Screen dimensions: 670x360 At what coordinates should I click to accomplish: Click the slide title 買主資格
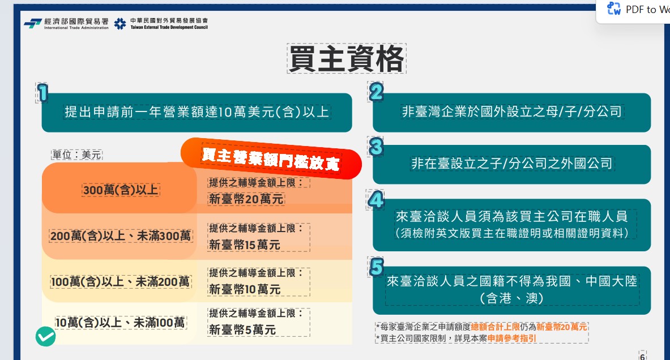click(x=347, y=58)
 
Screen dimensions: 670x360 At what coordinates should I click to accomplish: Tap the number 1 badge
click(x=42, y=93)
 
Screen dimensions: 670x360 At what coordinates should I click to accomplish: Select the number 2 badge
click(x=376, y=92)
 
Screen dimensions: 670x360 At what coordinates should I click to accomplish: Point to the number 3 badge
click(x=376, y=147)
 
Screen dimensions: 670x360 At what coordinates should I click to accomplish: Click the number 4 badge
click(x=375, y=200)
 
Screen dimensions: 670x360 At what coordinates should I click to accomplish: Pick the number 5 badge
click(x=376, y=267)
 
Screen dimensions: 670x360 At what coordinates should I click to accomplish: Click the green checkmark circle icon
click(x=46, y=337)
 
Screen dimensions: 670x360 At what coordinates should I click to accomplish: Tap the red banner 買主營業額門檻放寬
click(x=271, y=158)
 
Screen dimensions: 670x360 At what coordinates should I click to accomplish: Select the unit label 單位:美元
click(x=76, y=155)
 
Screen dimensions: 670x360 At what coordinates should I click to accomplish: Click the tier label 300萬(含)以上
click(x=121, y=190)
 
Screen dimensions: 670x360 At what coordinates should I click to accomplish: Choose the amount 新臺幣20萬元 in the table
click(x=246, y=199)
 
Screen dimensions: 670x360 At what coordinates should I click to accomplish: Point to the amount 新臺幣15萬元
click(x=245, y=245)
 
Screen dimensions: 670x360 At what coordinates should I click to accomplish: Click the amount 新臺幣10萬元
click(x=245, y=289)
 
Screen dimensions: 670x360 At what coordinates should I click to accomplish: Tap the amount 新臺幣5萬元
click(x=242, y=329)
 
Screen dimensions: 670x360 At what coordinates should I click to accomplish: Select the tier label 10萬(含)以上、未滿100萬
click(x=120, y=323)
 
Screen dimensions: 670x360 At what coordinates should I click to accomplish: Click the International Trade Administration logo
click(x=66, y=23)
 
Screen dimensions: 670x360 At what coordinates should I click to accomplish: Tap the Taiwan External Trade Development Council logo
click(x=161, y=23)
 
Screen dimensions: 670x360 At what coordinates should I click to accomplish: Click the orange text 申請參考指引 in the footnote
click(x=512, y=338)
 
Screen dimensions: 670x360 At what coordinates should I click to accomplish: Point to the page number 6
click(x=642, y=355)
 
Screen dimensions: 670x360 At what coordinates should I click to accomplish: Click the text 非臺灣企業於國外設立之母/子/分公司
click(x=512, y=112)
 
